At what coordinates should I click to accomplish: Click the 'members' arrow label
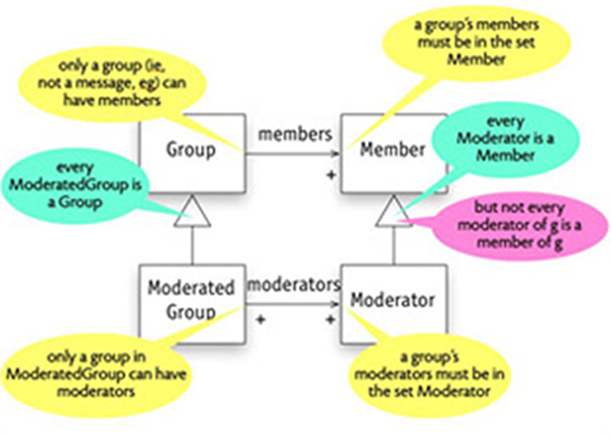295,134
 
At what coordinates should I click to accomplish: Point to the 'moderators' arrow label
294,285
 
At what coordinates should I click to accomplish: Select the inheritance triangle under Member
393,214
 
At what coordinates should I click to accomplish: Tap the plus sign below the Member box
330,175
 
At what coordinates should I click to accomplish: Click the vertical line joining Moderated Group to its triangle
192,246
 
